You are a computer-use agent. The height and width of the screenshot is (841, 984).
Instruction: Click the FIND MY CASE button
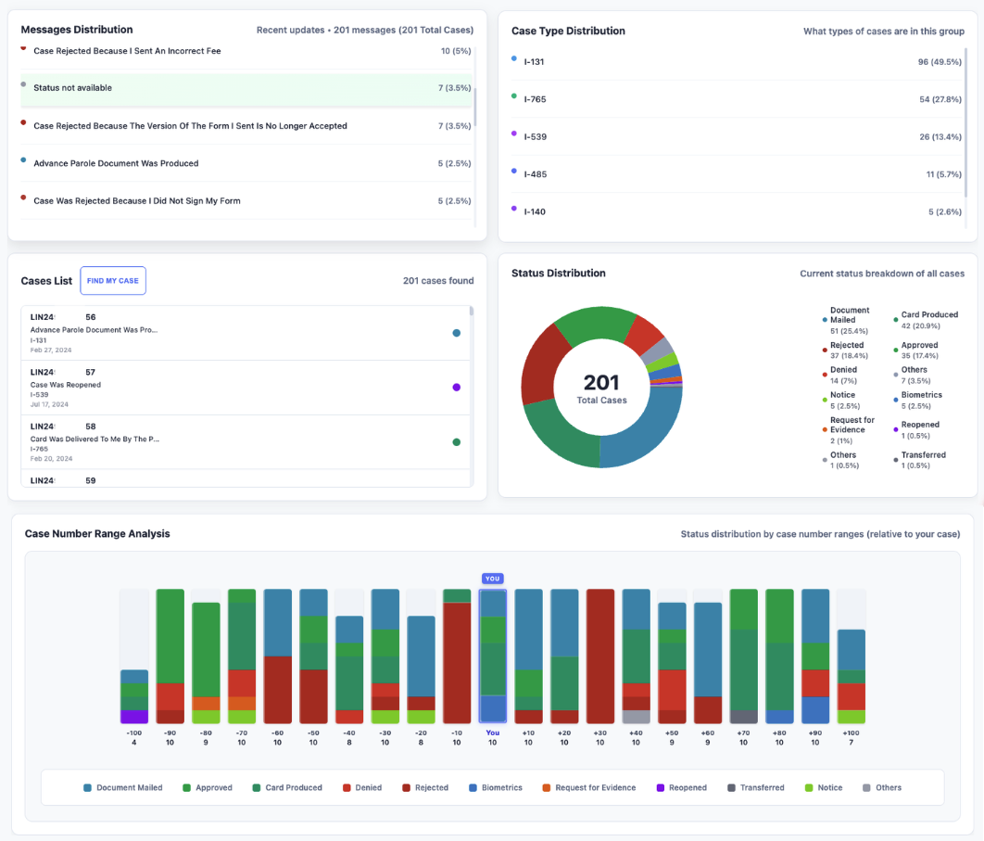pyautogui.click(x=112, y=281)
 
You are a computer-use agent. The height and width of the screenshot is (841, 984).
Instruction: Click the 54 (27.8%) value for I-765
pyautogui.click(x=940, y=98)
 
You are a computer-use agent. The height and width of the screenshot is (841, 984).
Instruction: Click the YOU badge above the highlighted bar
pyautogui.click(x=493, y=579)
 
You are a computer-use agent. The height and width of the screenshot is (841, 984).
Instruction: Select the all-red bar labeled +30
pyautogui.click(x=600, y=656)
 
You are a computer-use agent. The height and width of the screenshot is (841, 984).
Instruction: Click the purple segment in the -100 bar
pyautogui.click(x=134, y=717)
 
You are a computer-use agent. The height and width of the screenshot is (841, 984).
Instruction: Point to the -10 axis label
pyautogui.click(x=457, y=733)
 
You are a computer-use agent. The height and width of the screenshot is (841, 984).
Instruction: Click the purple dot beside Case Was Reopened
pyautogui.click(x=456, y=388)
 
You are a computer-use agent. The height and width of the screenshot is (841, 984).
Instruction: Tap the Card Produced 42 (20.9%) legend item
pyautogui.click(x=928, y=320)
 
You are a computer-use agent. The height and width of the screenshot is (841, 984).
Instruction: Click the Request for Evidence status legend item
pyautogui.click(x=852, y=425)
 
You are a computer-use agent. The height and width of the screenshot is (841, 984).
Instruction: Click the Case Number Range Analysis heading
pyautogui.click(x=97, y=534)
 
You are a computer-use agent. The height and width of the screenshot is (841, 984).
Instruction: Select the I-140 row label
pyautogui.click(x=535, y=212)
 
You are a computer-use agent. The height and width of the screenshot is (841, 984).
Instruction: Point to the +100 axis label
pyautogui.click(x=851, y=733)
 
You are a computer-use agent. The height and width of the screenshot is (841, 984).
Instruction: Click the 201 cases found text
pyautogui.click(x=438, y=281)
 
